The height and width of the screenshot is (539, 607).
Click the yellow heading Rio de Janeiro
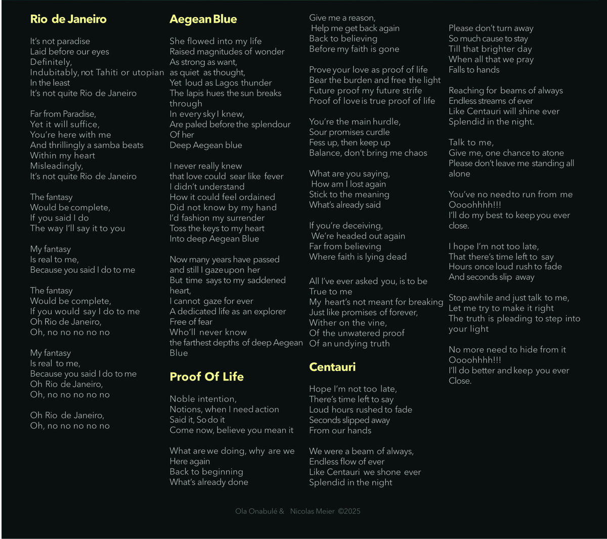coord(68,19)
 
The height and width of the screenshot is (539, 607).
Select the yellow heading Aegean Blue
coord(203,19)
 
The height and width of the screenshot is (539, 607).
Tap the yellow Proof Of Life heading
coord(206,377)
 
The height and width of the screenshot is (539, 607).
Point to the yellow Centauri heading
coord(332,367)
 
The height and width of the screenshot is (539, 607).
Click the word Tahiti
coord(107,72)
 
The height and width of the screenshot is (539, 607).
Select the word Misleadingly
coord(57,166)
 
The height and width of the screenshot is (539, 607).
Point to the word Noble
coord(183,399)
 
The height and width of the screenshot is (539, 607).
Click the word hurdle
coord(385,122)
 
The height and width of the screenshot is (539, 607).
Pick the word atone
coord(552,153)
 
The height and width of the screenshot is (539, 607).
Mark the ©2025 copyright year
coord(349,511)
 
